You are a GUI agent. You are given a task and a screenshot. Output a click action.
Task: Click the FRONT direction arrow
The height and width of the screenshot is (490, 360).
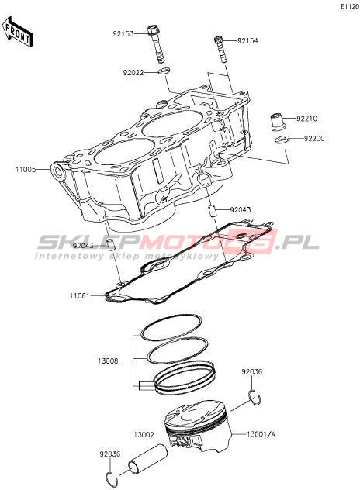(17, 32)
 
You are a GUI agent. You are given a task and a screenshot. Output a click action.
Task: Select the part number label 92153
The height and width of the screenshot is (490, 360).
(123, 33)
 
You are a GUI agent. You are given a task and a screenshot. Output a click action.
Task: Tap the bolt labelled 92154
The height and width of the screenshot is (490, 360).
(220, 50)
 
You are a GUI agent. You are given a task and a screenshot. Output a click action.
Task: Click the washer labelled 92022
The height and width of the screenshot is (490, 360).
(164, 71)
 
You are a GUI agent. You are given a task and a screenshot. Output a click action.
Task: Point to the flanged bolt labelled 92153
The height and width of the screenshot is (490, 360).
(156, 43)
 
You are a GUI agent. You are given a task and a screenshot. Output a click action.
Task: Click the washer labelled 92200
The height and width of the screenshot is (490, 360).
(282, 140)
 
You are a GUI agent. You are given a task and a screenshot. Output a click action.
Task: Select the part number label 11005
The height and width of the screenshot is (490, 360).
(26, 170)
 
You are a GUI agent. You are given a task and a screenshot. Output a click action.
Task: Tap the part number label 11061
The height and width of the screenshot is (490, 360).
(80, 295)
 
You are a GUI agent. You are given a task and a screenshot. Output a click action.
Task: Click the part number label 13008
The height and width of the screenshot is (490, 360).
(108, 361)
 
